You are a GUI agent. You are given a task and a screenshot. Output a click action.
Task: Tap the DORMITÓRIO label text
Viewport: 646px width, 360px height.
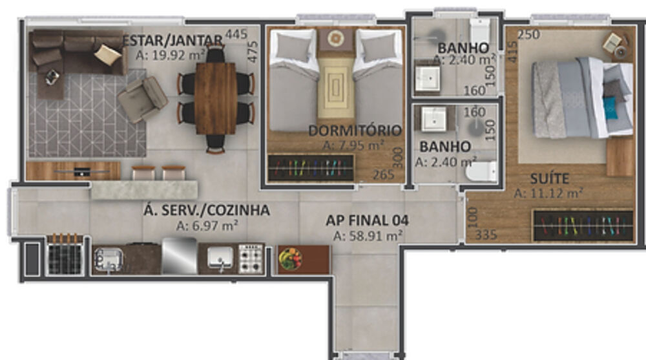[x=355, y=130]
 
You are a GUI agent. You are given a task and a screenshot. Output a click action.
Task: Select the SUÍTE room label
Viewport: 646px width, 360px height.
[x=549, y=178]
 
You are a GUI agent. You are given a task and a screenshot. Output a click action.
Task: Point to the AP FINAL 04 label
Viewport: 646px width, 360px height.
[x=367, y=221]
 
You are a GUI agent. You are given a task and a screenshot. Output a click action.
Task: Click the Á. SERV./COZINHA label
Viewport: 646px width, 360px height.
[x=207, y=211]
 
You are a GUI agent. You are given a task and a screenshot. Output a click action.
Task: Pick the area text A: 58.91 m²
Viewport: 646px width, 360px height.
[x=367, y=237]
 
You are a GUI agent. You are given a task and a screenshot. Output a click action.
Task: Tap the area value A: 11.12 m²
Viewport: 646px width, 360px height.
[x=549, y=193]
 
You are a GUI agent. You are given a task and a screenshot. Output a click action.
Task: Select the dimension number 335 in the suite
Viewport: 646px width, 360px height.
[x=486, y=235]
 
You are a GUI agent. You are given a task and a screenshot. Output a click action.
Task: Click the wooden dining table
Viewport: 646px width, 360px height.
[x=216, y=98]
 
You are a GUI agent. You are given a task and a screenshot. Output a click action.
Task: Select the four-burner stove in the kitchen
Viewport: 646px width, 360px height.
[x=251, y=258]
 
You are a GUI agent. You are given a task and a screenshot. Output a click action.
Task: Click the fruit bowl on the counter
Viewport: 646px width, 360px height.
[x=290, y=259]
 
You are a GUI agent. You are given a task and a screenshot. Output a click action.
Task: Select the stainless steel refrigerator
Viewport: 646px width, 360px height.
[x=179, y=256]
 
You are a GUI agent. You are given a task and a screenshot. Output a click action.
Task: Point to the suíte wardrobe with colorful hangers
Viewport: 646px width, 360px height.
[x=581, y=225]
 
